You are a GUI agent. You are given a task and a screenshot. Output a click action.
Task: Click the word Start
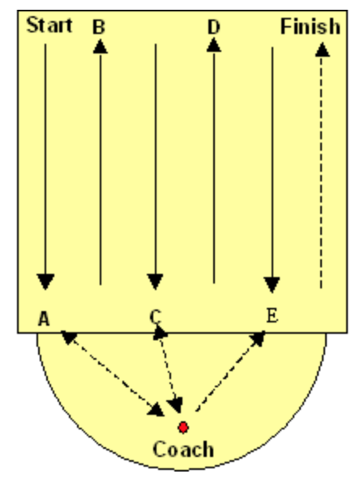click(x=49, y=25)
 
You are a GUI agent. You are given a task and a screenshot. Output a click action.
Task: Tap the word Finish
click(x=310, y=27)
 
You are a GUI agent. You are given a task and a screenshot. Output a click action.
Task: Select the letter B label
click(x=99, y=27)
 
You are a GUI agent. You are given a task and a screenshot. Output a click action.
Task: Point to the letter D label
click(x=213, y=27)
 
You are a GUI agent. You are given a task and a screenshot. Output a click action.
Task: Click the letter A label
click(x=44, y=319)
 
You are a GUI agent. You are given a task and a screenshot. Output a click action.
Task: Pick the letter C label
click(x=156, y=317)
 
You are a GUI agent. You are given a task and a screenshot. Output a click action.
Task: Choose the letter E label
click(x=272, y=315)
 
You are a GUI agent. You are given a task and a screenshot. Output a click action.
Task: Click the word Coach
click(x=183, y=449)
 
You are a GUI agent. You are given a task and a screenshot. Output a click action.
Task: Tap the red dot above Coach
click(x=183, y=428)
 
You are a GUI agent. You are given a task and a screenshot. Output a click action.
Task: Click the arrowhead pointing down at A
click(x=45, y=281)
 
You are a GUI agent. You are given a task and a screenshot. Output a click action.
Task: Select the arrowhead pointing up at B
click(x=101, y=47)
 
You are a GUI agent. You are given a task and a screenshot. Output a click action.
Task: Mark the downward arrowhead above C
click(x=156, y=281)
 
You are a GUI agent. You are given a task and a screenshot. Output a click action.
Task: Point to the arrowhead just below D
click(x=214, y=45)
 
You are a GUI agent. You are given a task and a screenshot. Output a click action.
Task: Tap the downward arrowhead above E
click(x=272, y=284)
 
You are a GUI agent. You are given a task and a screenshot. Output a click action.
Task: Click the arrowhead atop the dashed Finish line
click(x=322, y=49)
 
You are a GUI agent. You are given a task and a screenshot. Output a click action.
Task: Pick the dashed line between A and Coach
click(x=113, y=373)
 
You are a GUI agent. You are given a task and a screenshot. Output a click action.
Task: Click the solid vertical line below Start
click(x=45, y=159)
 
